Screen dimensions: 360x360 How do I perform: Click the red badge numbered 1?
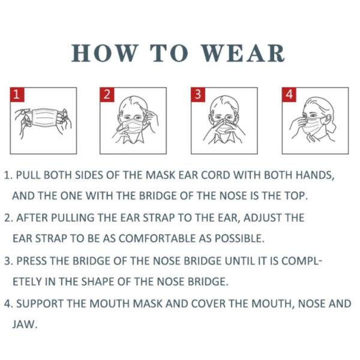click(18, 95)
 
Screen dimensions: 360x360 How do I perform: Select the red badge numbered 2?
click(107, 95)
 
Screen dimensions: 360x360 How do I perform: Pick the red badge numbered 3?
click(198, 95)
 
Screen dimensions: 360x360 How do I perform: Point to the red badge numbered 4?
click(289, 95)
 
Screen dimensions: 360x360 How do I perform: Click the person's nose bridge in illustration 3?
click(223, 118)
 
